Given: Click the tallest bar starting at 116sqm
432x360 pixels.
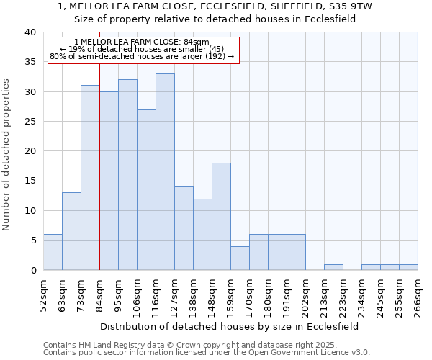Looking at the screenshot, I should [x=165, y=172].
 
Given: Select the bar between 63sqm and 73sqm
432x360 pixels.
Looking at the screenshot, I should [x=71, y=231].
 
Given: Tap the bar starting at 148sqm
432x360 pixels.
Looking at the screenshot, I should [x=221, y=216].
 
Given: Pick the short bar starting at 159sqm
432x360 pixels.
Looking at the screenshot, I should [x=240, y=258].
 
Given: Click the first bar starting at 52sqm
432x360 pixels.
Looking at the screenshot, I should [x=53, y=252].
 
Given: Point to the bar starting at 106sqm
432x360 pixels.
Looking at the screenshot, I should [x=146, y=190].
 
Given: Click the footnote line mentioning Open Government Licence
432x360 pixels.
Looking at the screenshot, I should [x=207, y=352].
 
